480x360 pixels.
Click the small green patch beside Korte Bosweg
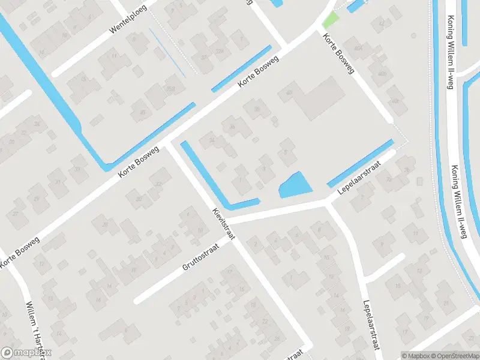coord(331,20)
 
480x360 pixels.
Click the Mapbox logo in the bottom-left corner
coord(26,353)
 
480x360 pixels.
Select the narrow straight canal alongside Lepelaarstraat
coord(361,163)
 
